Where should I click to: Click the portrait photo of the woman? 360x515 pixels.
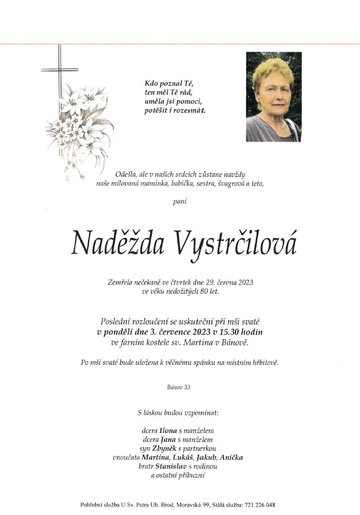pos(274,97)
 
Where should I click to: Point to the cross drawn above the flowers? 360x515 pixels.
pos(59,71)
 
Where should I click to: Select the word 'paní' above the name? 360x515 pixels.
pos(180,201)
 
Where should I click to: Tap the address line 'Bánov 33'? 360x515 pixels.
pos(179,387)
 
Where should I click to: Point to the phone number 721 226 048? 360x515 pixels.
pos(259,505)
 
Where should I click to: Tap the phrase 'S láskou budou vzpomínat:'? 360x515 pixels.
pos(179,411)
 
